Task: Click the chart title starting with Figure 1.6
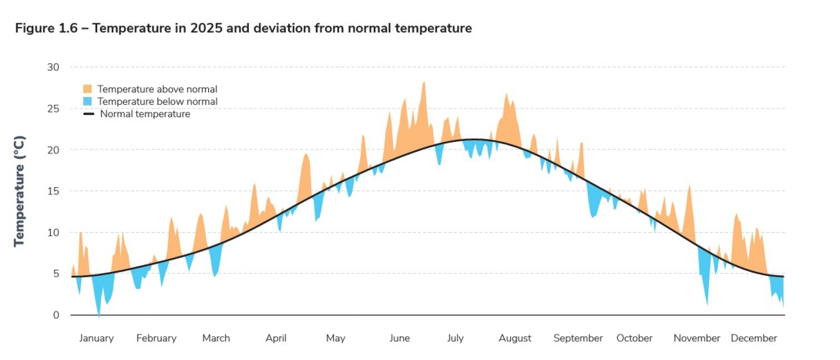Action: [x=244, y=29]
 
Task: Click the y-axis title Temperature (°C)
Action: [x=20, y=190]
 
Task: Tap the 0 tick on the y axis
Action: [x=55, y=315]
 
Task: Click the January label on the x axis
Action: [x=96, y=338]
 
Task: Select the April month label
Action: [x=276, y=338]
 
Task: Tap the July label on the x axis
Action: [x=455, y=338]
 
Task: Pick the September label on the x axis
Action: [x=578, y=338]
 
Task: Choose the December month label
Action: [x=754, y=338]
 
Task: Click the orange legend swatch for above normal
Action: [x=88, y=89]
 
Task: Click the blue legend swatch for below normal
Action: [x=88, y=102]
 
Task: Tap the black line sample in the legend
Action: [x=88, y=114]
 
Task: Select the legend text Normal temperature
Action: [x=145, y=114]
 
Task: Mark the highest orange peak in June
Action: [x=423, y=83]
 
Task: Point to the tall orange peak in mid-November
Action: [x=689, y=186]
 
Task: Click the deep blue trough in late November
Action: [x=707, y=303]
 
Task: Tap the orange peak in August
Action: [x=506, y=95]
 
